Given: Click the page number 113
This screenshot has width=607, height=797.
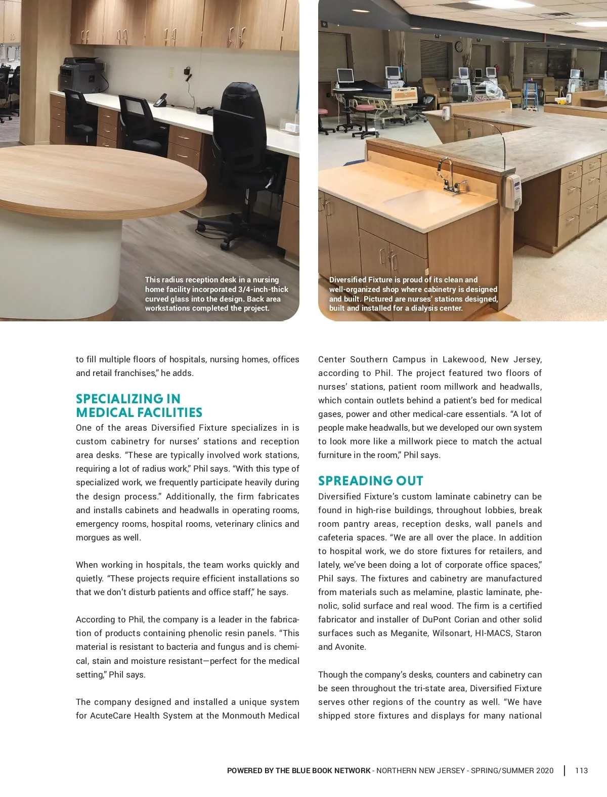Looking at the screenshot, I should coord(581,771).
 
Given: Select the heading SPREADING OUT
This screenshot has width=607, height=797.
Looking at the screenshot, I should coord(370,481).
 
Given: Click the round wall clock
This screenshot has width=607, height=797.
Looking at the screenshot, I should coord(459,47).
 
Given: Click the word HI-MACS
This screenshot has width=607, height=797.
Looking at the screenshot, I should coord(493,633).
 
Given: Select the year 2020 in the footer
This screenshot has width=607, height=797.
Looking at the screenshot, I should coord(544,771).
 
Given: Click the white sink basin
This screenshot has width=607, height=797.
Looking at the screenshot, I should coord(422,201).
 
